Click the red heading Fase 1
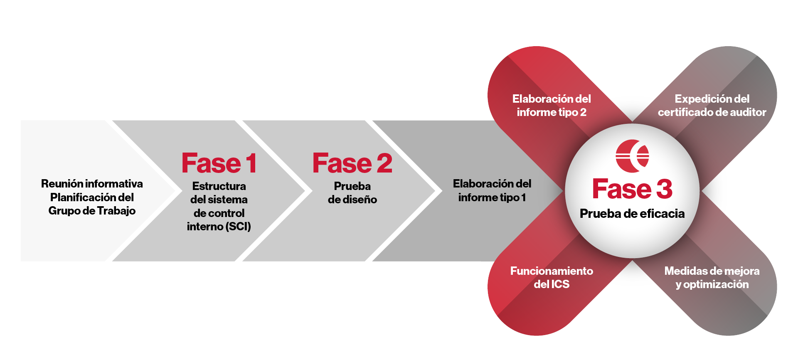tap(219, 163)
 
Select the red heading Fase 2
tap(352, 163)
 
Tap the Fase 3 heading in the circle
tap(632, 189)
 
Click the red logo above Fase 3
tap(632, 156)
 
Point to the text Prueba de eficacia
tap(632, 213)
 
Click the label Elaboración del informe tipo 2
tap(552, 106)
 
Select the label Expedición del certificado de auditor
tap(712, 106)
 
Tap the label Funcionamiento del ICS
tap(552, 277)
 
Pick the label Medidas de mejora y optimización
tap(712, 277)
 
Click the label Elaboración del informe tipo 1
tap(492, 190)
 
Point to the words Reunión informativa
tap(92, 184)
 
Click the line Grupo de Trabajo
tap(92, 211)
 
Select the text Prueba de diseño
tap(352, 193)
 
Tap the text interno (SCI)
tap(219, 227)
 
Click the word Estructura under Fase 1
tap(219, 186)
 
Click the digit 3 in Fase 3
tap(664, 189)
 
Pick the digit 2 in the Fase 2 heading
tap(384, 163)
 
